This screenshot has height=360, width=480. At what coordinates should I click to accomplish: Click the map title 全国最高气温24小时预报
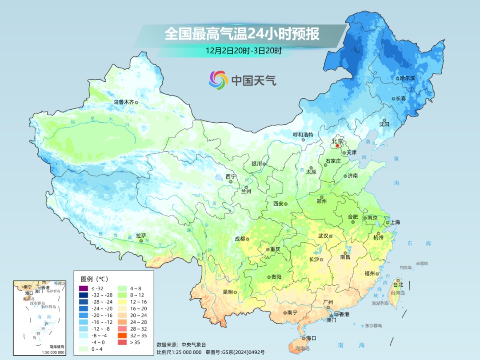(x=242, y=34)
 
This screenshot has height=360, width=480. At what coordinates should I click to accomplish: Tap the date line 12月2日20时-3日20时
(x=243, y=51)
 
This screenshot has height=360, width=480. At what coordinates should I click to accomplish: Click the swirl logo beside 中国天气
(x=218, y=80)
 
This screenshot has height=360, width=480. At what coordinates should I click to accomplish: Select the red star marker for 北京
(x=337, y=145)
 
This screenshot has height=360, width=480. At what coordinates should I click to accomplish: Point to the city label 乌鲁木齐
(x=123, y=102)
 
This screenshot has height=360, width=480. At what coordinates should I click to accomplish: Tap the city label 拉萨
(x=141, y=236)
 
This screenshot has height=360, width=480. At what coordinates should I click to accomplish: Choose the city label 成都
(x=240, y=239)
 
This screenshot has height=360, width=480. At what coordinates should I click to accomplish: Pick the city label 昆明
(x=228, y=292)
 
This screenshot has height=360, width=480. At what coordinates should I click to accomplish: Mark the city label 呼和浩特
(x=303, y=134)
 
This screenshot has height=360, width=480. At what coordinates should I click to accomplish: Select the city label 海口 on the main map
(x=311, y=338)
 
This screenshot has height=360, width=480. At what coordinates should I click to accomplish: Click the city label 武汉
(x=323, y=236)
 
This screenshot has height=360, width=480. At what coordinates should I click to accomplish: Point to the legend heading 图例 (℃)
(x=94, y=279)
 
